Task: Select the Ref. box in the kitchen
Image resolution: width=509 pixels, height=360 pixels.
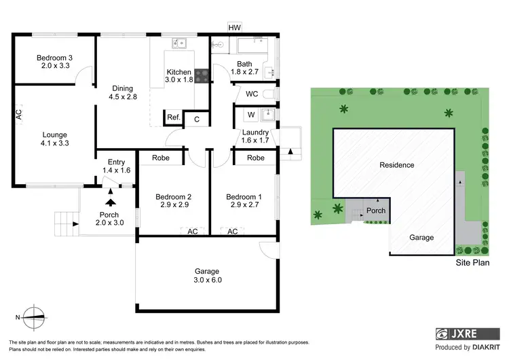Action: point(174,118)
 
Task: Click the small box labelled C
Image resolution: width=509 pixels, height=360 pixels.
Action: point(197,120)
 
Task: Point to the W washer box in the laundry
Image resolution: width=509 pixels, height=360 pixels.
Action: point(250,114)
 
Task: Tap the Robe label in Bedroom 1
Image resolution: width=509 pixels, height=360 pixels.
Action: point(255,158)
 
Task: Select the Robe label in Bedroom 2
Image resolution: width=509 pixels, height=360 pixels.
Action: point(161,158)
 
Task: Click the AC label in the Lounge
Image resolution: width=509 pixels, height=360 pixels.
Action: point(18,113)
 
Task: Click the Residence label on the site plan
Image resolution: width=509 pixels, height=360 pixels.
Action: point(396,165)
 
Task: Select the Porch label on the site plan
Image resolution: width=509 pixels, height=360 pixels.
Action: point(376,211)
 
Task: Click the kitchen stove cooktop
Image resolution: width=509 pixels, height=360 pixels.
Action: point(202,75)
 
